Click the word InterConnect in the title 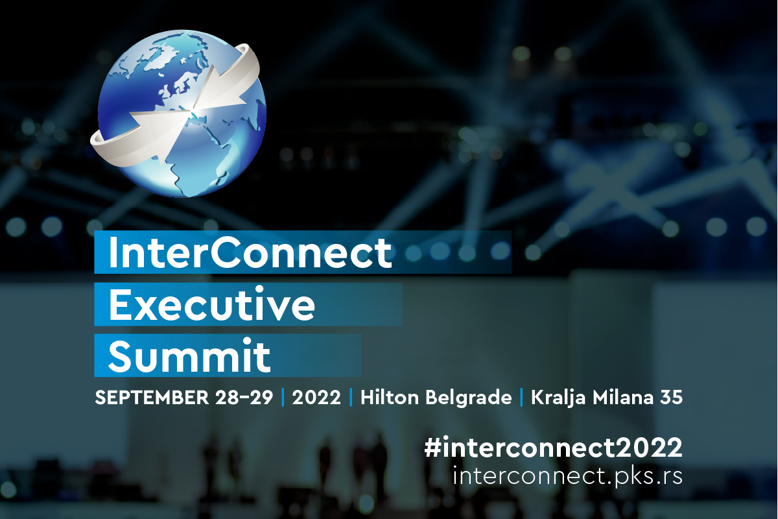tap(250, 253)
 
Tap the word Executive tap(212, 304)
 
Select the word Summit tap(189, 356)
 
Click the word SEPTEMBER tap(152, 397)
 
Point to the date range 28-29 tap(244, 397)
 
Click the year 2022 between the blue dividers tap(316, 397)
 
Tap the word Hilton tap(390, 397)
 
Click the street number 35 tap(672, 397)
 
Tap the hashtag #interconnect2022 tap(553, 448)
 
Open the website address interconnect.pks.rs tap(567, 477)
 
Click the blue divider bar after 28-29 tap(283, 397)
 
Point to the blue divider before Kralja tap(521, 397)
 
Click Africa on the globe tap(202, 153)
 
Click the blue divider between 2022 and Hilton tap(351, 397)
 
